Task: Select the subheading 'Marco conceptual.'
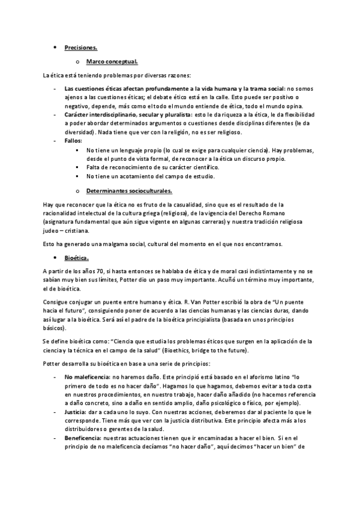pyautogui.click(x=112, y=61)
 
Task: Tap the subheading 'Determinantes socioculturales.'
pyautogui.click(x=129, y=191)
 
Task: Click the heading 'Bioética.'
pyautogui.click(x=77, y=258)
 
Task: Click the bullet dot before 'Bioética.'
pyautogui.click(x=55, y=258)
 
